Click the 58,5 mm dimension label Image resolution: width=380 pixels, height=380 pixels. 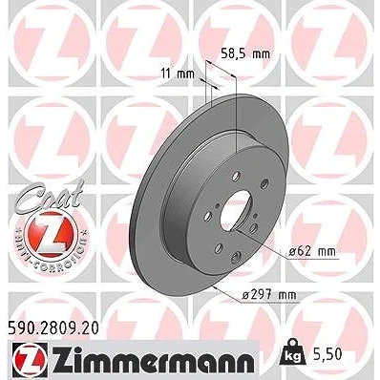(x=245, y=53)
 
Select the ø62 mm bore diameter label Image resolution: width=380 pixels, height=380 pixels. (x=312, y=252)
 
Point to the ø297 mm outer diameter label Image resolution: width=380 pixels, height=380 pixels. (x=269, y=295)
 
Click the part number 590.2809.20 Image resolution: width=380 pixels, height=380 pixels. (x=53, y=328)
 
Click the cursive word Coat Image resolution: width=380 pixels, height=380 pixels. (x=51, y=196)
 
